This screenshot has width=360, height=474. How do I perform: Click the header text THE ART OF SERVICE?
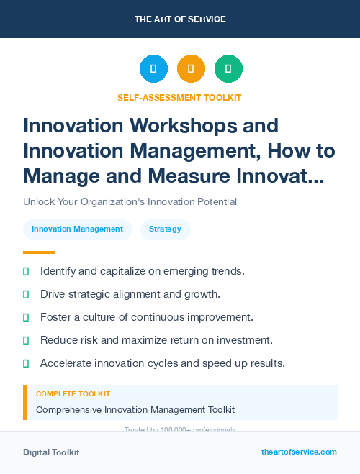point(180,19)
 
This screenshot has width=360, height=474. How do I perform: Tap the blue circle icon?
point(153,69)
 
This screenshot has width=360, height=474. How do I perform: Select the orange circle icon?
point(191,69)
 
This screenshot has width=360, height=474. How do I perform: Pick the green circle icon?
point(228,69)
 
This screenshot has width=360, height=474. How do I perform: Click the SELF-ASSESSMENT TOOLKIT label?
point(180,97)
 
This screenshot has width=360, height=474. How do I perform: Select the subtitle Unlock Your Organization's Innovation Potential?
point(130,201)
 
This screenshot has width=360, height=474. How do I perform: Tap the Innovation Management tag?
point(78,229)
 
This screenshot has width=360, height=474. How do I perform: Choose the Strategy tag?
point(165,229)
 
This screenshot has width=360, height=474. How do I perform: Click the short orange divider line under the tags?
point(39,252)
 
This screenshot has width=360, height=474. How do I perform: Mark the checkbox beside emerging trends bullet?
point(26,271)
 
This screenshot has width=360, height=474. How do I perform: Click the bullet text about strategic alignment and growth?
point(130,294)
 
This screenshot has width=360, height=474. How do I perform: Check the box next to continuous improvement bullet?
point(26,317)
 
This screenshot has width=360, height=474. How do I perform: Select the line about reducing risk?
point(156,340)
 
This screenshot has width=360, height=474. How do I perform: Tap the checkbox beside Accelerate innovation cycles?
point(26,363)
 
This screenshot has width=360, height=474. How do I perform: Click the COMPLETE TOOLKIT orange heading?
point(73,394)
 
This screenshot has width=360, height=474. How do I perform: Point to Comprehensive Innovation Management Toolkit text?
point(135,410)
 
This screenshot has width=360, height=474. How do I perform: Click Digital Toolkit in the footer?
point(51,452)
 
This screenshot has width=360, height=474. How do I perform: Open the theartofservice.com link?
point(299,452)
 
